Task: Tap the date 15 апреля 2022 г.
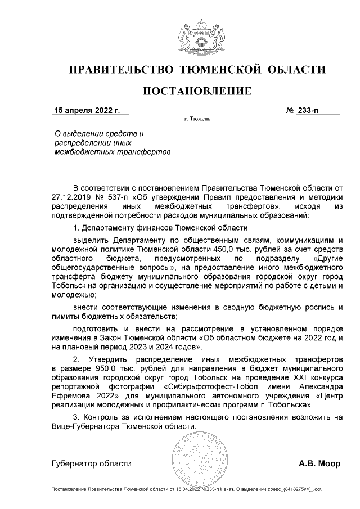tap(87, 110)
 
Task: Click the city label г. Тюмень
tap(197, 120)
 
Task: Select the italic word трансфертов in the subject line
tap(146, 152)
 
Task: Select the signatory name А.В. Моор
tap(319, 463)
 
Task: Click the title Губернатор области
tap(91, 463)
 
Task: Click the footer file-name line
tap(186, 490)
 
